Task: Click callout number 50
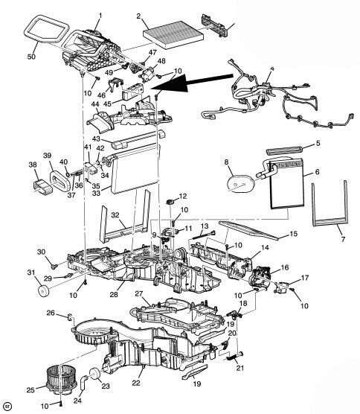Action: coord(31,57)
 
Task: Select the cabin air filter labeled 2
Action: coord(173,34)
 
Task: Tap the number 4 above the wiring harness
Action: coord(272,69)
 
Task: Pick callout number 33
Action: coord(96,193)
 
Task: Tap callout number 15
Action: coord(293,233)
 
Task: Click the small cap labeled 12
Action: coord(170,202)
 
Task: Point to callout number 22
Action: coord(136,383)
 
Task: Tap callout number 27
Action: coord(139,293)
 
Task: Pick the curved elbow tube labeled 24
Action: coord(83,382)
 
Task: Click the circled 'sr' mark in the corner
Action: coord(8,405)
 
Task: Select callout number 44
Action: coord(95,103)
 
